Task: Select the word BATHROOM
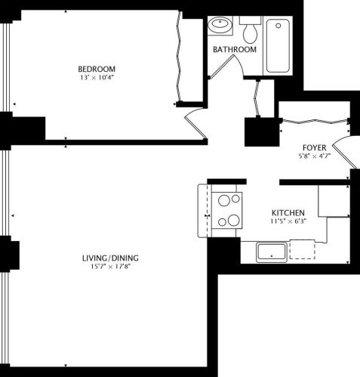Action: (x=234, y=50)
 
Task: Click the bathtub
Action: (x=278, y=45)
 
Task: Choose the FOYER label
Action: (x=313, y=148)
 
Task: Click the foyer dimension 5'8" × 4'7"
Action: (x=313, y=158)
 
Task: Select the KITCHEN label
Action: (x=288, y=213)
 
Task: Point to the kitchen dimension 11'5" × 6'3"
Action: (x=288, y=223)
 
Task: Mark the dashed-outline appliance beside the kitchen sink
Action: (x=302, y=249)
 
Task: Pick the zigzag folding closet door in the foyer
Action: (x=313, y=120)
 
